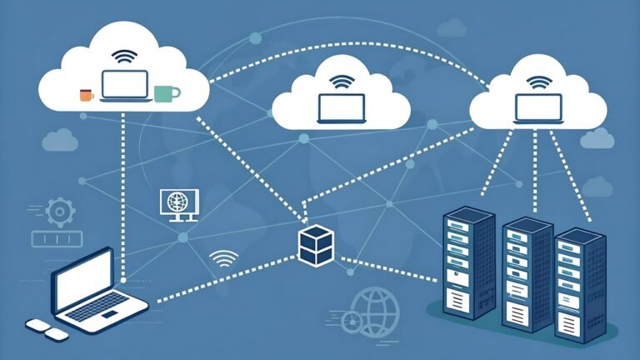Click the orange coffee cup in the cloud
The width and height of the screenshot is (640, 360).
pyautogui.click(x=86, y=95)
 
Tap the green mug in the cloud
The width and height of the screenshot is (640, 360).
pyautogui.click(x=166, y=92)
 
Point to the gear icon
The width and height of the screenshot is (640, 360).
pyautogui.click(x=58, y=212)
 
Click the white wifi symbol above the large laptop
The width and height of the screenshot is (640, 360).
pyautogui.click(x=223, y=257)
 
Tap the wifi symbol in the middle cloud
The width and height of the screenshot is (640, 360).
pyautogui.click(x=342, y=82)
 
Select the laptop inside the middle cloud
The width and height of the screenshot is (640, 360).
pyautogui.click(x=342, y=108)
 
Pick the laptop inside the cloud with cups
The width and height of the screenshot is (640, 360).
pyautogui.click(x=125, y=86)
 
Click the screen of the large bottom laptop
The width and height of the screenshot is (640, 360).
pyautogui.click(x=82, y=277)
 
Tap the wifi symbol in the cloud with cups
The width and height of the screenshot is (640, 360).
pyautogui.click(x=125, y=57)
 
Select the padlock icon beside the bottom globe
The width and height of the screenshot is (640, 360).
pyautogui.click(x=352, y=321)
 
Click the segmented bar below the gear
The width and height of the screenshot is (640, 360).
pyautogui.click(x=57, y=239)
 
